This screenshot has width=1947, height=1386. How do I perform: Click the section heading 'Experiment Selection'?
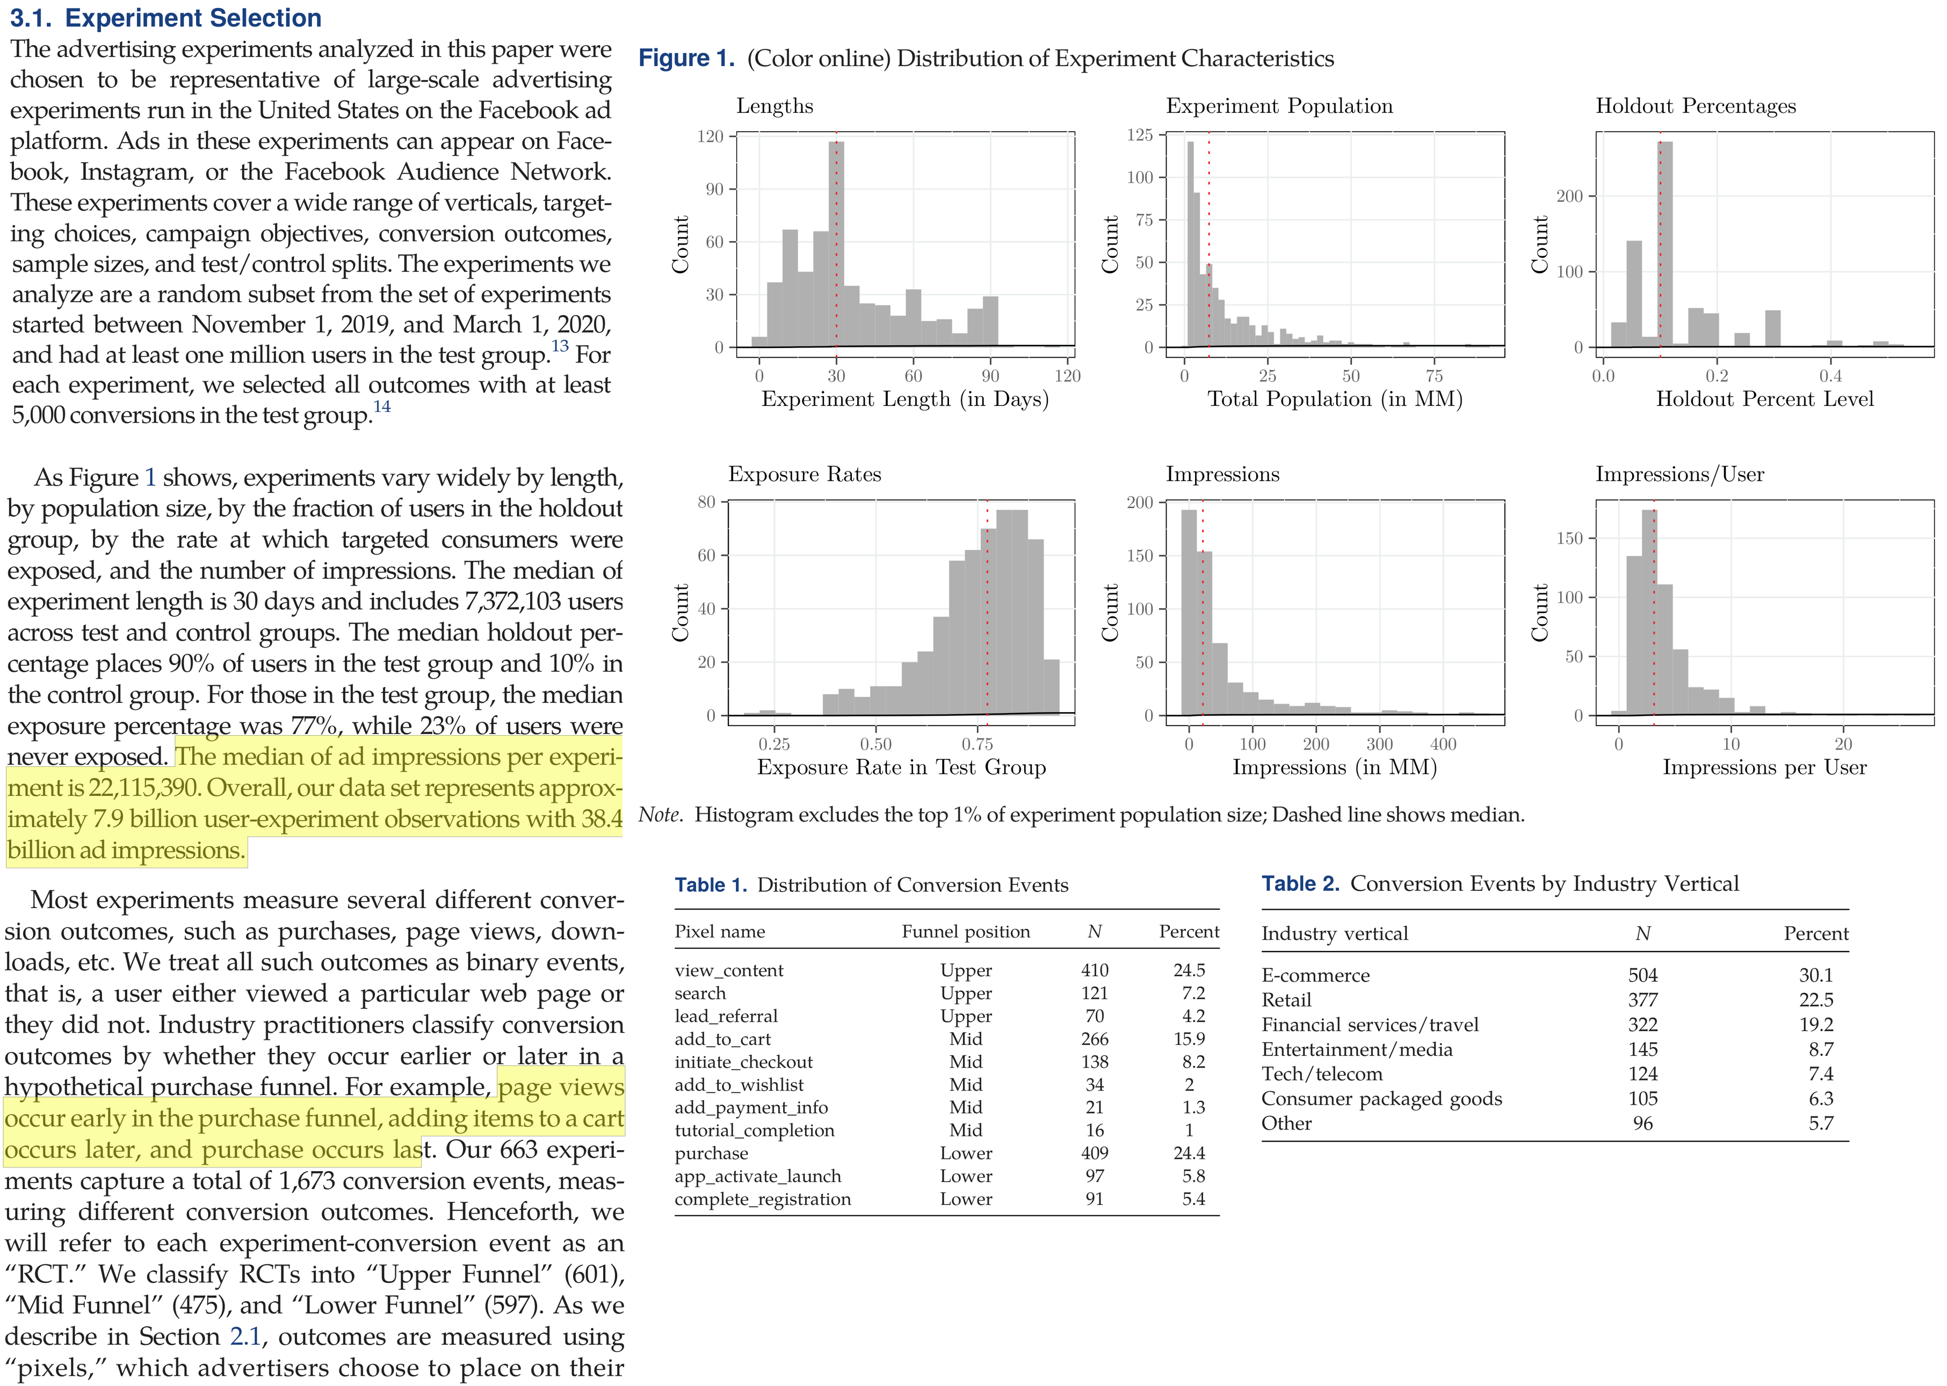click(x=193, y=18)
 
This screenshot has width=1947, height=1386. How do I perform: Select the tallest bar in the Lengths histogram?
click(x=836, y=243)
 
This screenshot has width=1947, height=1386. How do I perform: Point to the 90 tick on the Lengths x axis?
click(x=990, y=375)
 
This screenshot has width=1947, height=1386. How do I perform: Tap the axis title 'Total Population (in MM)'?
click(x=1334, y=400)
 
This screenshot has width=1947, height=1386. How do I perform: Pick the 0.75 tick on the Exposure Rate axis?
click(x=978, y=744)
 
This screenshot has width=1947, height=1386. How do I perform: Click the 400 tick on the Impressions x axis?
click(x=1443, y=744)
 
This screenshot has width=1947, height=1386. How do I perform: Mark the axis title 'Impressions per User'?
click(x=1764, y=767)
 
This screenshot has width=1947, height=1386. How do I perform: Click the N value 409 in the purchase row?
click(x=1094, y=1153)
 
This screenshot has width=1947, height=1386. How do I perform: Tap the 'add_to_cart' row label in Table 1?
click(x=722, y=1039)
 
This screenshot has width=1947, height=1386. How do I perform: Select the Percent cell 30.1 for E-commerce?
click(x=1815, y=976)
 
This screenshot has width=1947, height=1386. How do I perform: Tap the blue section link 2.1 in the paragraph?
click(x=246, y=1337)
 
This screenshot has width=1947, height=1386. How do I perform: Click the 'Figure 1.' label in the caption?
click(x=686, y=59)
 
